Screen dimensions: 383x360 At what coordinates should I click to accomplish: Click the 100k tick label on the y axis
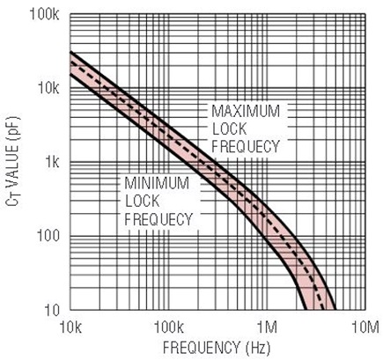pyautogui.click(x=44, y=14)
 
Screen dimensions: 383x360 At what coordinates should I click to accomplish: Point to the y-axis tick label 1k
pyautogui.click(x=52, y=162)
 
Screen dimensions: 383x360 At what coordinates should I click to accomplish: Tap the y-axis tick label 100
pyautogui.click(x=48, y=236)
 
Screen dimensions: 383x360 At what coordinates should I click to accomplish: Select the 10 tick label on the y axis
pyautogui.click(x=52, y=310)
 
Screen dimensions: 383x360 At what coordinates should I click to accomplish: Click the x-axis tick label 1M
pyautogui.click(x=268, y=327)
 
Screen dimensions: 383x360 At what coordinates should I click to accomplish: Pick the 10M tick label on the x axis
pyautogui.click(x=365, y=327)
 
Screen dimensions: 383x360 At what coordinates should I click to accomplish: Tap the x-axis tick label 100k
pyautogui.click(x=169, y=327)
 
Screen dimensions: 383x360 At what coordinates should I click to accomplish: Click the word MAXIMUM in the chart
pyautogui.click(x=246, y=111)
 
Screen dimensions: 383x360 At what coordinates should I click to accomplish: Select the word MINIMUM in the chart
pyautogui.click(x=157, y=183)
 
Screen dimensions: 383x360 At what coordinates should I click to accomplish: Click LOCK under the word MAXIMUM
pyautogui.click(x=229, y=129)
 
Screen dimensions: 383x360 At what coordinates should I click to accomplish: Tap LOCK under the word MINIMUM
pyautogui.click(x=143, y=202)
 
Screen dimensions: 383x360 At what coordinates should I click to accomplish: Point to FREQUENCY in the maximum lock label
pyautogui.click(x=246, y=146)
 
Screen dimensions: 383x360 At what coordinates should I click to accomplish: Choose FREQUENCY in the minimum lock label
pyautogui.click(x=158, y=219)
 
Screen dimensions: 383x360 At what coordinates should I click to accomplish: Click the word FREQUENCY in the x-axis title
pyautogui.click(x=202, y=348)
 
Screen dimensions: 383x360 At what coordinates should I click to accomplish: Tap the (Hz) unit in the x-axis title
pyautogui.click(x=258, y=349)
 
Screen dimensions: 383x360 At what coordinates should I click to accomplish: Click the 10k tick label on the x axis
pyautogui.click(x=70, y=327)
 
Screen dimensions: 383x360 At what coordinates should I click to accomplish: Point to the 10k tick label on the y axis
pyautogui.click(x=48, y=88)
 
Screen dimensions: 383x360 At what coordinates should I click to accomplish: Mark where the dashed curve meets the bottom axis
pyautogui.click(x=323, y=310)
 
